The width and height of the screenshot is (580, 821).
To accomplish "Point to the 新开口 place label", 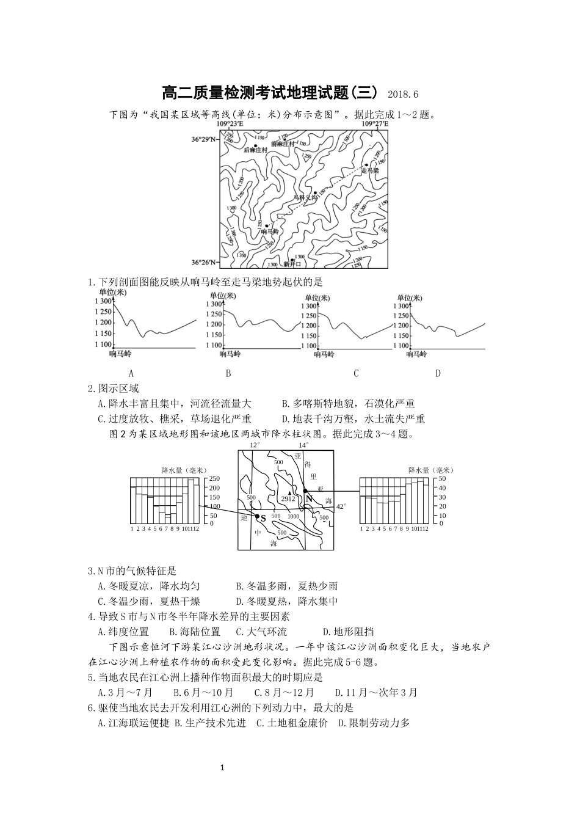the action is coord(292,265).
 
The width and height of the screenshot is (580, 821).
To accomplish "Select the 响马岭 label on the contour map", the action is coord(269,232).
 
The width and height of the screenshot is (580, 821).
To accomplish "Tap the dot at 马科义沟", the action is coord(315,192).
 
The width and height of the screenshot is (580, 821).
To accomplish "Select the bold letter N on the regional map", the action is coord(310,498).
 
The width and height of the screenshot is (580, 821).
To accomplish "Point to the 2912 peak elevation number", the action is coord(288,499).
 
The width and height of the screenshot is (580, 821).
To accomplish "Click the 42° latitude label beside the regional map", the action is coord(341,506).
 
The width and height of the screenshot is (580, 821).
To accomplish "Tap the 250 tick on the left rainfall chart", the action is coord(214,478).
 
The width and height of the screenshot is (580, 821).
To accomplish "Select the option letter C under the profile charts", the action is coord(356,373).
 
